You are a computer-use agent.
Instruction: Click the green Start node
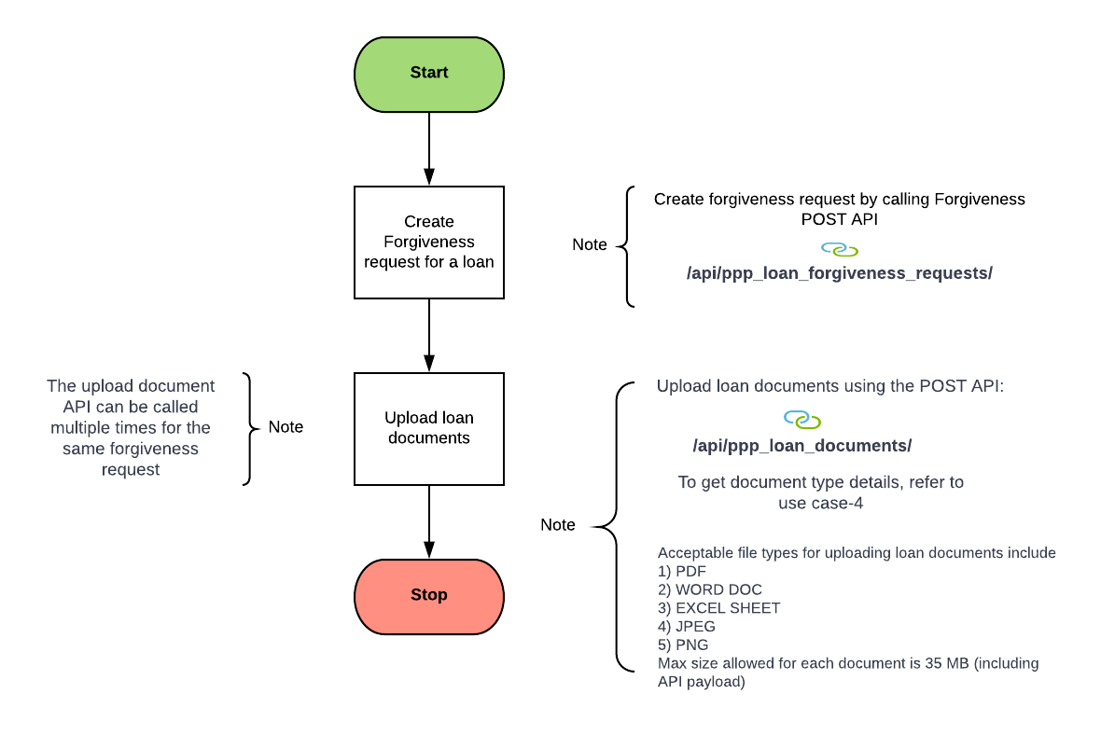pyautogui.click(x=428, y=74)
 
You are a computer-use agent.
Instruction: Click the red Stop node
pyautogui.click(x=428, y=595)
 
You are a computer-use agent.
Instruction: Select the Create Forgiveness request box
pyautogui.click(x=428, y=243)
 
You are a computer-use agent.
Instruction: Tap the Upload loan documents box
pyautogui.click(x=428, y=428)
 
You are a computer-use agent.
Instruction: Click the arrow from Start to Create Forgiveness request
pyautogui.click(x=428, y=149)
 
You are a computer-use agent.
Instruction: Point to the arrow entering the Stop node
pyautogui.click(x=428, y=522)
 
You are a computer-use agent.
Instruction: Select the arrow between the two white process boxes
pyautogui.click(x=428, y=336)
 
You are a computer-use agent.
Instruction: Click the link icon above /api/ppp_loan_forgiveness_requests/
pyautogui.click(x=839, y=250)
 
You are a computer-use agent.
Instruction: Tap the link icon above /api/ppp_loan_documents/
pyautogui.click(x=801, y=420)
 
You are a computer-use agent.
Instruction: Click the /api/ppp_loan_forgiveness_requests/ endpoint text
pyautogui.click(x=839, y=273)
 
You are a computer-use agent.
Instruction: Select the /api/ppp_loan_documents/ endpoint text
pyautogui.click(x=801, y=446)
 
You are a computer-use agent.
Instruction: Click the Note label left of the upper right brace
pyautogui.click(x=589, y=244)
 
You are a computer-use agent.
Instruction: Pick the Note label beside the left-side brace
pyautogui.click(x=286, y=427)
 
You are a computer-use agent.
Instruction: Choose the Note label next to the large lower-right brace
pyautogui.click(x=557, y=525)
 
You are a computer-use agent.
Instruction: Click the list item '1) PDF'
pyautogui.click(x=682, y=571)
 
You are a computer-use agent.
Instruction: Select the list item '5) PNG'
pyautogui.click(x=683, y=645)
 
